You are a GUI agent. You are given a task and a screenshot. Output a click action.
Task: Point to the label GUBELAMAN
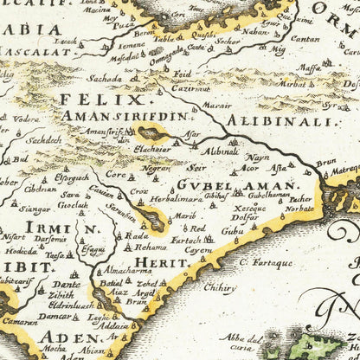(236, 185)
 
